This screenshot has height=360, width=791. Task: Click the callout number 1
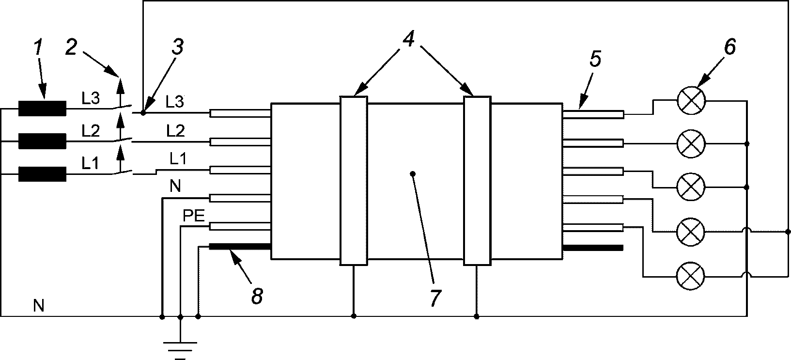(x=38, y=48)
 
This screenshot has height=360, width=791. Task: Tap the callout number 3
(x=178, y=47)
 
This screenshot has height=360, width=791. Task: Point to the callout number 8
(x=257, y=296)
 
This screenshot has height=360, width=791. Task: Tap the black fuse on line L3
(x=42, y=109)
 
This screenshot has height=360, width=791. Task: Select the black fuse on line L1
(x=42, y=174)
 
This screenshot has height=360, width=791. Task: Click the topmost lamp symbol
(x=691, y=100)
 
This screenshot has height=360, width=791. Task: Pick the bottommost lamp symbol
(x=690, y=276)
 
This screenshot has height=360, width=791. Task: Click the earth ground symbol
(x=180, y=350)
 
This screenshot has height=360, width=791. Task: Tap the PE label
(x=194, y=216)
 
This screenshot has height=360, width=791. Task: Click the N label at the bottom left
(x=38, y=306)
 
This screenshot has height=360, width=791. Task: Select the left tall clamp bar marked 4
(x=354, y=181)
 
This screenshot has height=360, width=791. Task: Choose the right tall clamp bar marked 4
(x=477, y=181)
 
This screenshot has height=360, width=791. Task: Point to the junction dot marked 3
(x=143, y=113)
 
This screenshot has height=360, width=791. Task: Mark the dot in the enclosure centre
(x=413, y=174)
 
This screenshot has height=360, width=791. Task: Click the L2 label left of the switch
(x=91, y=131)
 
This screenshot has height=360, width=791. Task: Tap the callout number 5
(x=595, y=59)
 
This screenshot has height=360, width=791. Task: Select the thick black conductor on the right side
(x=593, y=248)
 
